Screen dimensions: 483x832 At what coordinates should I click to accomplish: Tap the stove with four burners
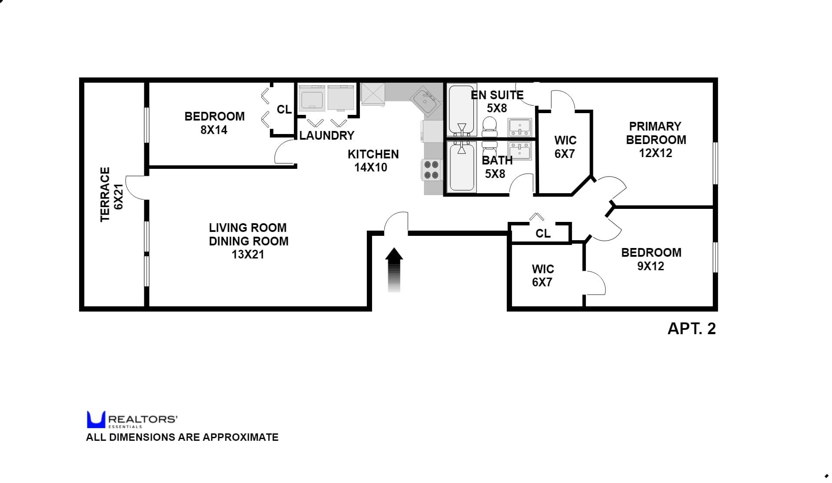431,170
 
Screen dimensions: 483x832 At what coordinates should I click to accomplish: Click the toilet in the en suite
490,125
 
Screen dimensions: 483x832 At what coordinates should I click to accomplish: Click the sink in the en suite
520,127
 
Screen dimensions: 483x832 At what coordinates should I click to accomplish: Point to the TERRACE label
105,194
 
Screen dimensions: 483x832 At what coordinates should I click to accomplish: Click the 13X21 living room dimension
248,255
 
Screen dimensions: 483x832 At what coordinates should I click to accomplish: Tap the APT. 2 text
691,329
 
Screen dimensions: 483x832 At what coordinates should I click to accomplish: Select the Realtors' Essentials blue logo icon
96,419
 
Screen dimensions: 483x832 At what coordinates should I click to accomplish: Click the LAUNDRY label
327,136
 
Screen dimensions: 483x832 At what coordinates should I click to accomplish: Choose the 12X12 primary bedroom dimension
656,153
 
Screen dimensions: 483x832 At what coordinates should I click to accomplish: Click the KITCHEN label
373,154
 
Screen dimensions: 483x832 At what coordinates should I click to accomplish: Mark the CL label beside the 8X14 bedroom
284,110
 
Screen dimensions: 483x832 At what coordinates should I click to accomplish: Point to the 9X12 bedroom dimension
651,266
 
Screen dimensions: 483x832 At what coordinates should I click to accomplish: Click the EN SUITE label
497,95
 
